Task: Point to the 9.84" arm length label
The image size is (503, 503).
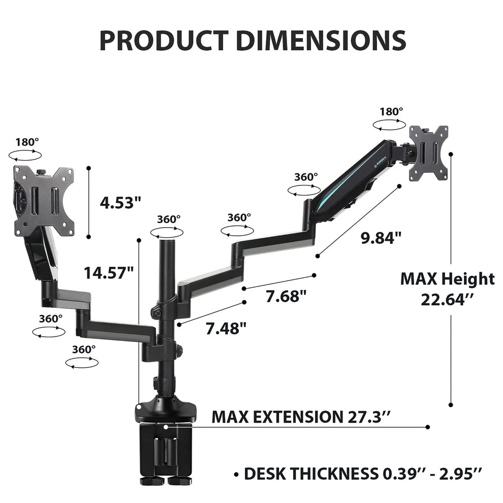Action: tap(381, 237)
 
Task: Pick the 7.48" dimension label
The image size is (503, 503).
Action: tap(226, 329)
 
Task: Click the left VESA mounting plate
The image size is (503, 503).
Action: tap(44, 201)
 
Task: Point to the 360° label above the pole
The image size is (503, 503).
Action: tap(168, 219)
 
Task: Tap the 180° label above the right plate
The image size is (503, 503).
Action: tap(391, 111)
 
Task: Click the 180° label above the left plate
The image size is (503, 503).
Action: tap(27, 142)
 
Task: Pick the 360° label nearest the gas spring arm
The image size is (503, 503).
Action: tap(306, 177)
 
